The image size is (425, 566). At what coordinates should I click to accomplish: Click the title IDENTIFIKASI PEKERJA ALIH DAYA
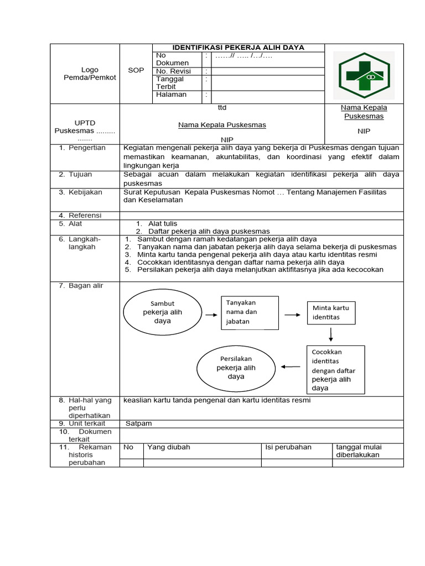[x=239, y=48]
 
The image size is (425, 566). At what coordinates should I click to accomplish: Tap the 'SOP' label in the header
[x=136, y=71]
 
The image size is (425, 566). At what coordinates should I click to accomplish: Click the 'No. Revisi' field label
[x=173, y=71]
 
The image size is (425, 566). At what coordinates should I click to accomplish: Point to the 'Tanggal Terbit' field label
[x=169, y=83]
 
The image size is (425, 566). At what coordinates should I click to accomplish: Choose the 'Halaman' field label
[x=171, y=95]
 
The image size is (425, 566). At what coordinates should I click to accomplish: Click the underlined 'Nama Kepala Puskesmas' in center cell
[x=222, y=125]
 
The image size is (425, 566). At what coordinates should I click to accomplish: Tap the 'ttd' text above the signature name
[x=222, y=107]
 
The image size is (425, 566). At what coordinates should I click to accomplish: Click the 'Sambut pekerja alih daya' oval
[x=162, y=313]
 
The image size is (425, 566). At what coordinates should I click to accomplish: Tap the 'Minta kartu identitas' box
[x=331, y=313]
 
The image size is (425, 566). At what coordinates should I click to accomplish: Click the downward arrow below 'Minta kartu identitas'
[x=330, y=334]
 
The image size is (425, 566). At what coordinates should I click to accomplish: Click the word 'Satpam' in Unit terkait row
[x=138, y=423]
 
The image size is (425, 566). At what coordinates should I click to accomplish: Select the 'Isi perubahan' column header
[x=288, y=447]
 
